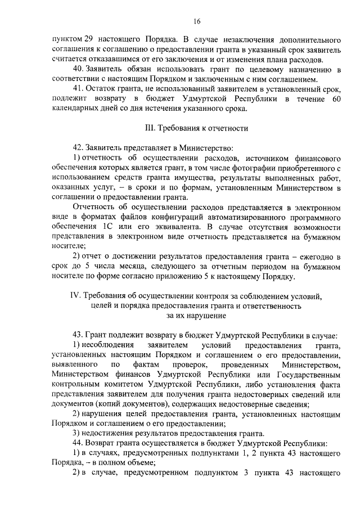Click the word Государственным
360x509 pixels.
point(304,374)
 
